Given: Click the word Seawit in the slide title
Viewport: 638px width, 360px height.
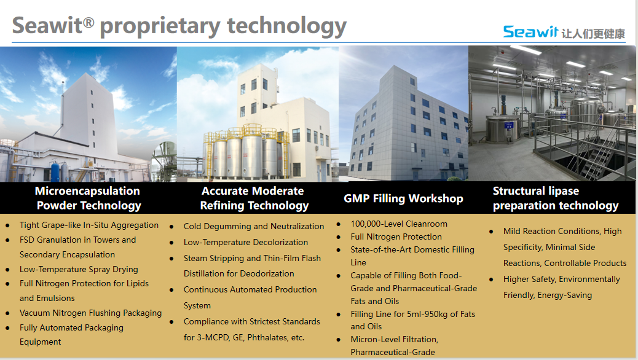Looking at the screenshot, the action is [47, 25].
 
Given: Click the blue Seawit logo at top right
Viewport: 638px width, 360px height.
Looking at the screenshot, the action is [530, 32].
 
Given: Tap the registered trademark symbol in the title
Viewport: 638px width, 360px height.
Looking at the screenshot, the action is [89, 22].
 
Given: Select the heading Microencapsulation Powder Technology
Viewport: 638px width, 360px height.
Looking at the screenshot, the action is [89, 198].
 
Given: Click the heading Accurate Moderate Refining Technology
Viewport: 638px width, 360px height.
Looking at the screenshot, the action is [254, 198].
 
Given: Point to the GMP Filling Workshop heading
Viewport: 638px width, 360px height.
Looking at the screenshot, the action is [403, 198].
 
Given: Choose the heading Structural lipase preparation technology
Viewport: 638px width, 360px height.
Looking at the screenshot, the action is [556, 198].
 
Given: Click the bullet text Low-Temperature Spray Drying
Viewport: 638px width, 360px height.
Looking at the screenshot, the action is [79, 269].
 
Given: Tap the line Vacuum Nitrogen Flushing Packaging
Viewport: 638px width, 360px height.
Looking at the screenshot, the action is [91, 313].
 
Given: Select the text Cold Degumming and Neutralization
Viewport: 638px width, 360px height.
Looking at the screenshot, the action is [254, 226].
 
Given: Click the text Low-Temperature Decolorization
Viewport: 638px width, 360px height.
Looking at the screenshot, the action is [246, 242].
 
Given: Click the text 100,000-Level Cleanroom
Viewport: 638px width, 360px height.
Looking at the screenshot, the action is [399, 224].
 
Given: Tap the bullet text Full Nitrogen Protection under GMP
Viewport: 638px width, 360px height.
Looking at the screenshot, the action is [396, 237].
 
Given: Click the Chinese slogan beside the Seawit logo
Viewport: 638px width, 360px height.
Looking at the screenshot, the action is [593, 33].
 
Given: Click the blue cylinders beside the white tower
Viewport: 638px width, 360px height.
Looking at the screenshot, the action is [60, 171].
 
